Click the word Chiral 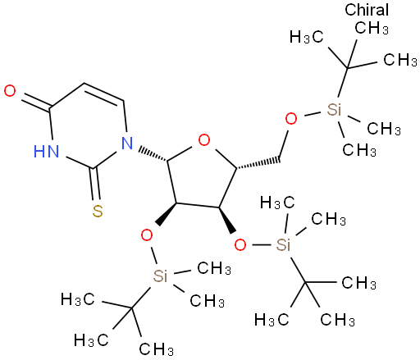[367, 10]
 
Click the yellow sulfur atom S [98, 211]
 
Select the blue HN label [46, 151]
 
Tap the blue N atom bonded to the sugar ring [127, 143]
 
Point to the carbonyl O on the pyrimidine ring [10, 91]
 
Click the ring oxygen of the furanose [204, 140]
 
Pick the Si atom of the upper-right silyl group [334, 110]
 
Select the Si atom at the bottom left [160, 276]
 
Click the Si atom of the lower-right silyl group [283, 244]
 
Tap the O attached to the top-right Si [291, 119]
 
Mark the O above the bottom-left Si [147, 235]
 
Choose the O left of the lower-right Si [240, 244]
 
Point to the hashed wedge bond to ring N [153, 155]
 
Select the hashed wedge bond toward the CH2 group [258, 163]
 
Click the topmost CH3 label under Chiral [372, 28]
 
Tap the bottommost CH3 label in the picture [157, 349]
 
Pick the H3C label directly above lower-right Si [277, 203]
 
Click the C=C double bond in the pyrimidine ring [104, 93]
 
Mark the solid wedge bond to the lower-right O [226, 221]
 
